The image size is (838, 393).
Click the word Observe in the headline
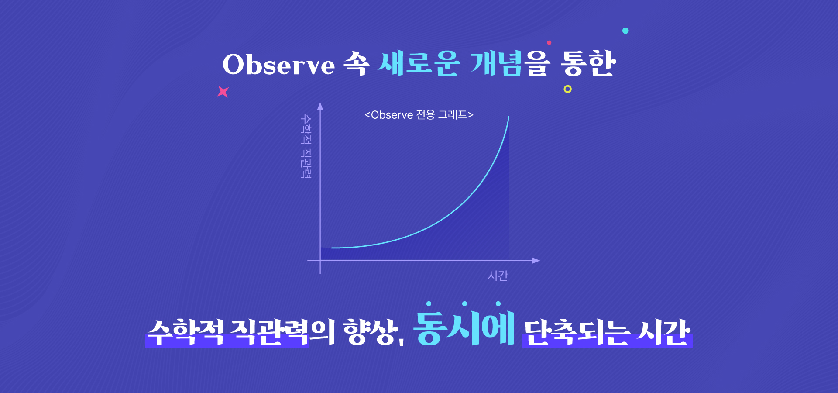[278, 65]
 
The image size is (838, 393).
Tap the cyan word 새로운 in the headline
[419, 64]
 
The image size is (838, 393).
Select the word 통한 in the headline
[588, 64]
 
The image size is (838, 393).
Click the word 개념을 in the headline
[510, 64]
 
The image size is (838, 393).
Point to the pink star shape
[223, 92]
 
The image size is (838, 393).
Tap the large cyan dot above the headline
[625, 31]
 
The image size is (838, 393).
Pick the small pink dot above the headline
[549, 43]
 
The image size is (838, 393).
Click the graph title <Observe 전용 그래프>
[419, 115]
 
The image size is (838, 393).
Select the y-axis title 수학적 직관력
[306, 146]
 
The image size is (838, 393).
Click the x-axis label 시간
[498, 276]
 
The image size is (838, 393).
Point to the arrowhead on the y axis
[320, 106]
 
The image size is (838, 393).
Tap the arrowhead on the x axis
[536, 261]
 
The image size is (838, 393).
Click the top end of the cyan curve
[509, 117]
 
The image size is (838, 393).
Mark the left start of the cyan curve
[332, 248]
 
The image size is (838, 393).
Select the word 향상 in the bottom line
[371, 332]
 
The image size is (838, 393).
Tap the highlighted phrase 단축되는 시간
[607, 333]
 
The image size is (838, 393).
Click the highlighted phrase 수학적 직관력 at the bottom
[227, 333]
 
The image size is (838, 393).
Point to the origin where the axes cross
[320, 261]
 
